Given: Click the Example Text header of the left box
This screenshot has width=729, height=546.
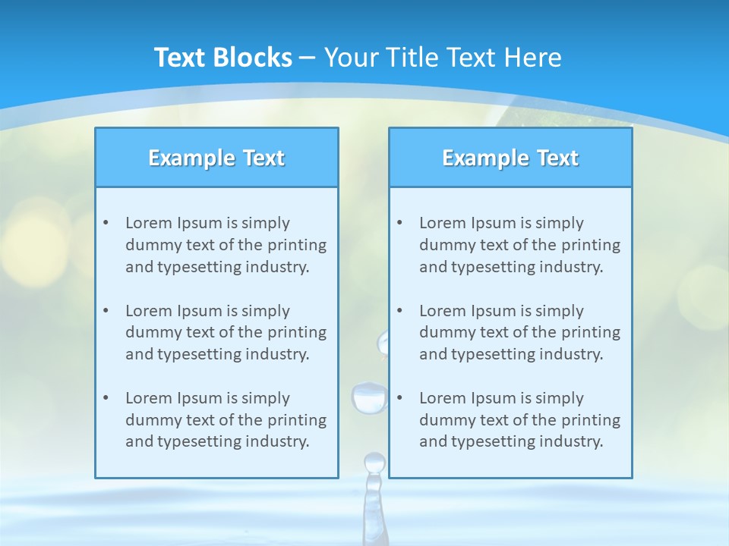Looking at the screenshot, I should tap(216, 158).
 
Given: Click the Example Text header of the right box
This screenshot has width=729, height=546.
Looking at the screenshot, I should tap(510, 158).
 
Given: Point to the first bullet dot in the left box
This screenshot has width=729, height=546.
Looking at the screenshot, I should tap(106, 223).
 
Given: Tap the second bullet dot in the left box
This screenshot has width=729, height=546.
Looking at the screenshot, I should tap(106, 311).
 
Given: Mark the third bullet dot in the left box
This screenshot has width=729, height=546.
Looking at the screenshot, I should tap(106, 398).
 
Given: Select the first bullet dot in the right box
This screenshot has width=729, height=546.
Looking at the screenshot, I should tap(399, 223).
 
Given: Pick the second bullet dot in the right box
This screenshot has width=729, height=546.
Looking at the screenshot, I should tap(399, 311).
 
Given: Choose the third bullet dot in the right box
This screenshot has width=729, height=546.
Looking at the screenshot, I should tap(399, 398).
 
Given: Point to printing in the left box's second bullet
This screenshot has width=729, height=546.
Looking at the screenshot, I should tap(298, 332).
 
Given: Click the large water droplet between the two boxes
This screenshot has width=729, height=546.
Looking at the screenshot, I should tap(369, 397).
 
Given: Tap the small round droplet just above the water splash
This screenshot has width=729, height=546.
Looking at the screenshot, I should tap(374, 462).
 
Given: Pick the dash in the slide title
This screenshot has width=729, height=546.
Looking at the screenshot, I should tap(308, 58).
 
